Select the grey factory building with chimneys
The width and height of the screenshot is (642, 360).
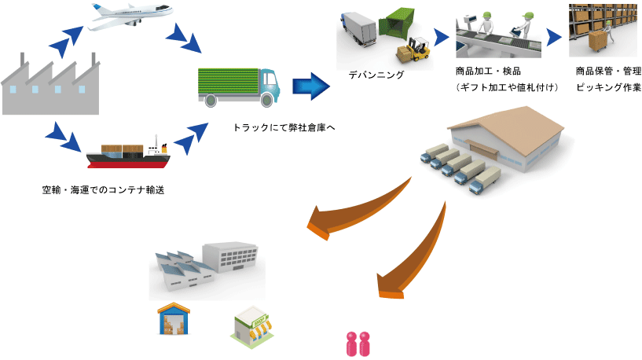(49, 83)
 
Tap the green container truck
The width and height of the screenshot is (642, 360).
(238, 87)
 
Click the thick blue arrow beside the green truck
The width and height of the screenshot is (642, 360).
(307, 84)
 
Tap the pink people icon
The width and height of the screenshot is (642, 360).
(358, 343)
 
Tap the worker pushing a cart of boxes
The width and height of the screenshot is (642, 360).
(601, 36)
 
